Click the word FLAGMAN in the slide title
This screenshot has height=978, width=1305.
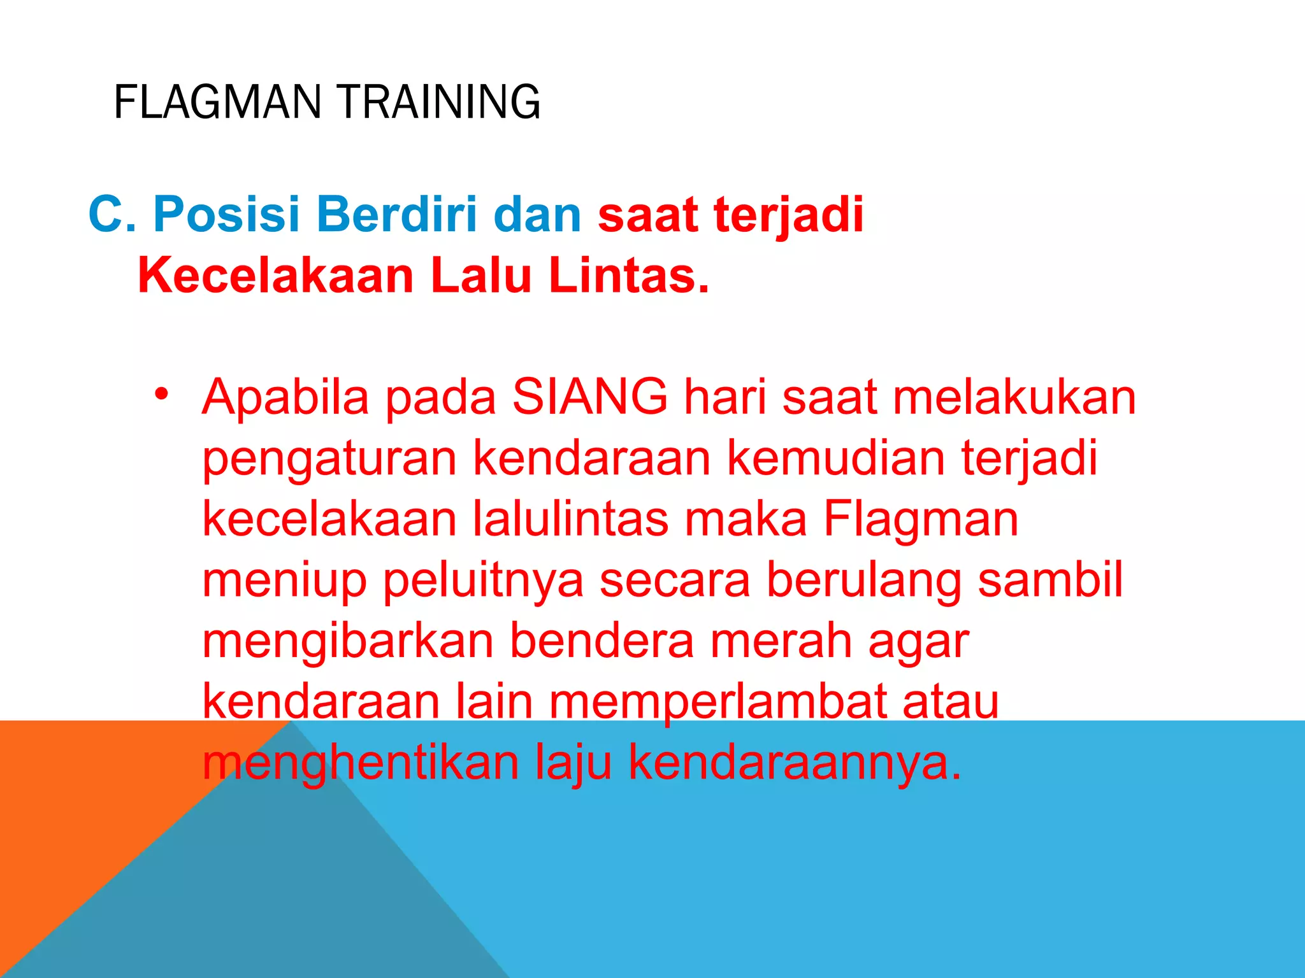(217, 102)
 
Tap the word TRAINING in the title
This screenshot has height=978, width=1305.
(439, 102)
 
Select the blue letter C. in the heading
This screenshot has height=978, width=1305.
(112, 214)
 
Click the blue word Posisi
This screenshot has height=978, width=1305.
(226, 214)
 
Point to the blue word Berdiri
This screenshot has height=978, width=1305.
(396, 214)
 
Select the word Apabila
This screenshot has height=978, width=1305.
(285, 397)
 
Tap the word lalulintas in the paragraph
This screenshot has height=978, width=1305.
(570, 518)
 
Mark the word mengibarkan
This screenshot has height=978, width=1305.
(348, 642)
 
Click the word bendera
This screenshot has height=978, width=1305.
(602, 641)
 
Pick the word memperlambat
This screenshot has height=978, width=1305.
(717, 703)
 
